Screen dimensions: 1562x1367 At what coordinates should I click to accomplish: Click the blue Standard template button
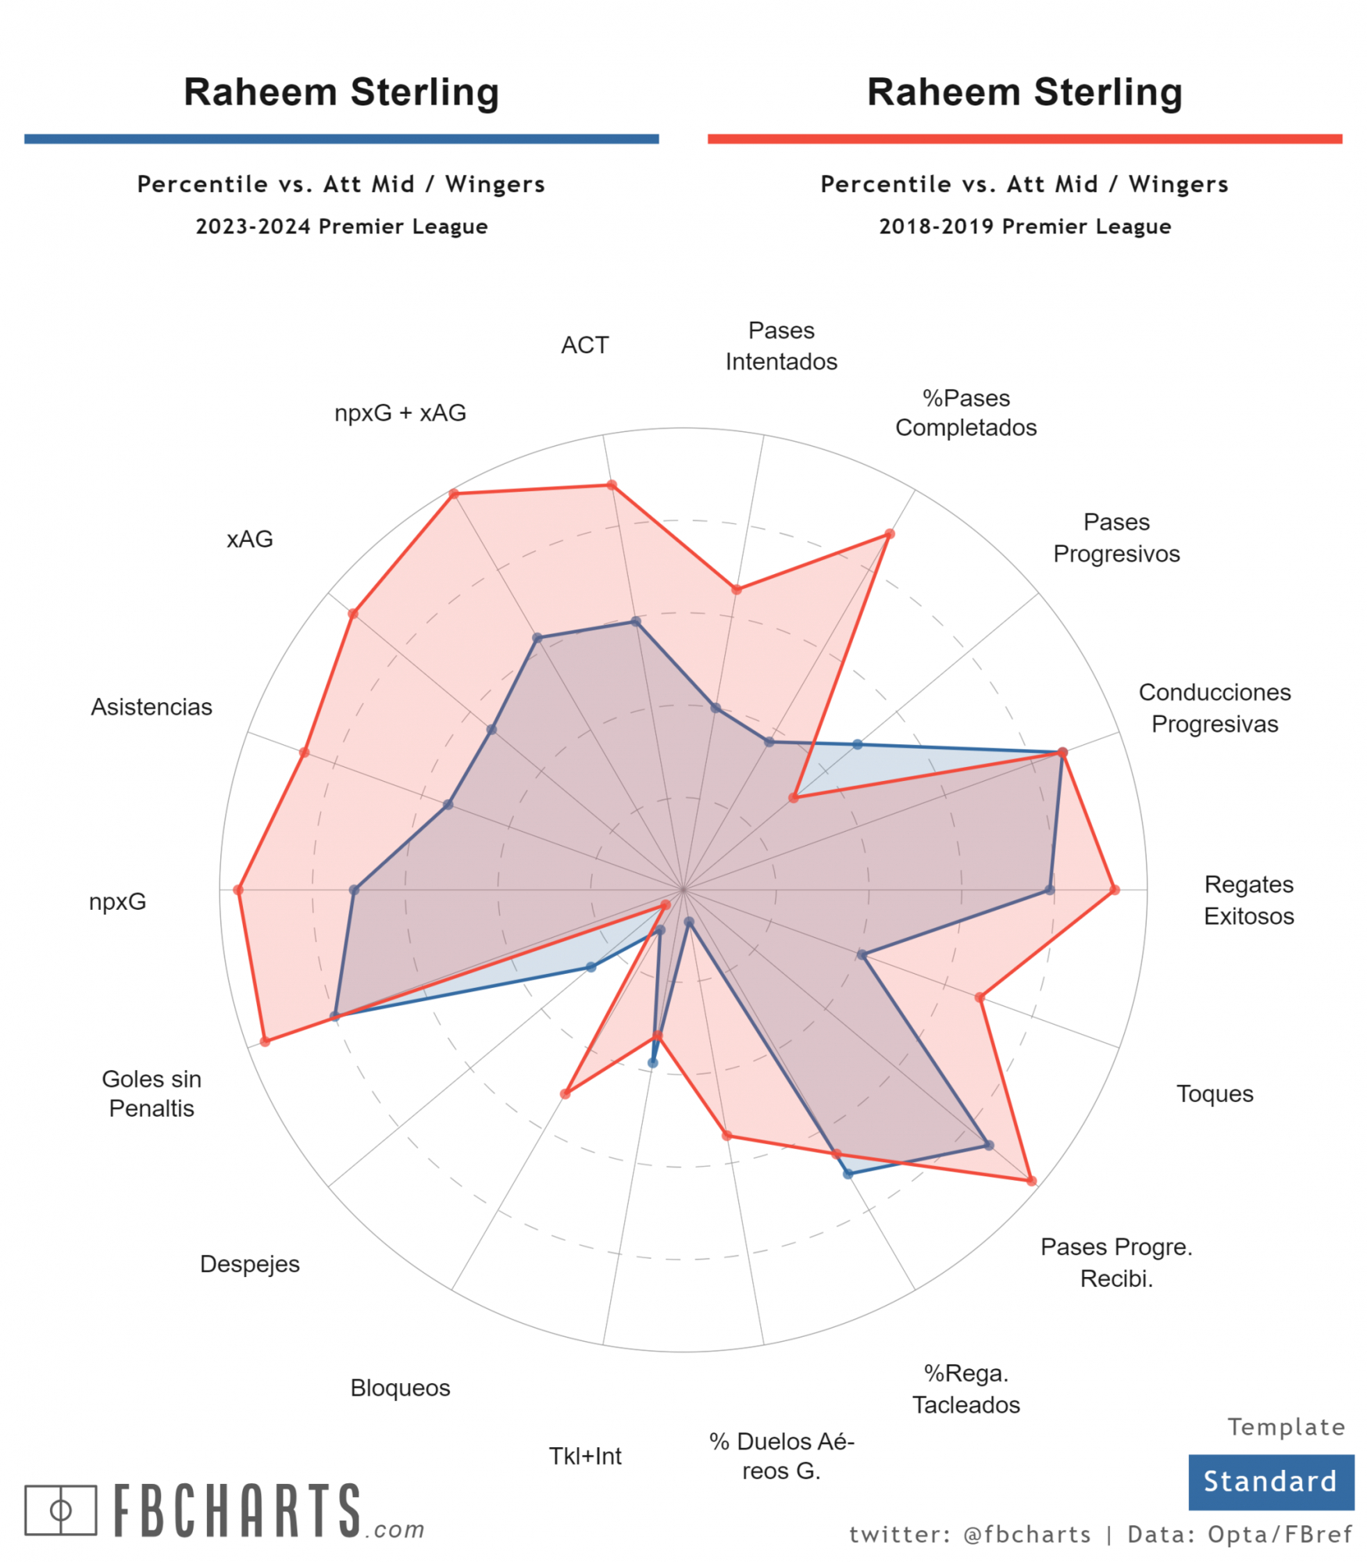click(x=1270, y=1482)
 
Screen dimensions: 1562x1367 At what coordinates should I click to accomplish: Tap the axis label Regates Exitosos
click(x=1248, y=900)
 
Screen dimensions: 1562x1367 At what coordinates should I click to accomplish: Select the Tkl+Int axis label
click(x=585, y=1456)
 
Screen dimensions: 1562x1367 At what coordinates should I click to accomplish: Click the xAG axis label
click(x=250, y=539)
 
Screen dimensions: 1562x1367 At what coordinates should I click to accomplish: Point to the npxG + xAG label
click(x=400, y=412)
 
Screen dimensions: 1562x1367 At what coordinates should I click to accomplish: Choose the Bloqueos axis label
click(x=400, y=1388)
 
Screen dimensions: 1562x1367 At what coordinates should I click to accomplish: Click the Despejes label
click(x=250, y=1264)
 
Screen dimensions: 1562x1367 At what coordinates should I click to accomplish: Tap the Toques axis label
click(x=1215, y=1093)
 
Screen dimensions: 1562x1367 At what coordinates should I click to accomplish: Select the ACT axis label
click(x=584, y=344)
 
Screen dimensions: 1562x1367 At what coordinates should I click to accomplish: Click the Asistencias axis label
click(x=152, y=707)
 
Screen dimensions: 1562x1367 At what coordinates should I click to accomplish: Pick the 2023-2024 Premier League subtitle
click(x=341, y=226)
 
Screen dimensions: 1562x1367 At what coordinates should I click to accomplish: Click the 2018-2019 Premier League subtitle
click(x=1025, y=226)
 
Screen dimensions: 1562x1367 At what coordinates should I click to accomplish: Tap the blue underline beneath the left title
click(x=341, y=139)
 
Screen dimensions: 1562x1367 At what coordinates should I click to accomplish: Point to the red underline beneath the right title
click(x=1025, y=139)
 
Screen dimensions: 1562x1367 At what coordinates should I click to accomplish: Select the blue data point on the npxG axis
click(x=354, y=890)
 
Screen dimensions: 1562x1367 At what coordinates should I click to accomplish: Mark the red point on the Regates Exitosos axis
click(x=1115, y=890)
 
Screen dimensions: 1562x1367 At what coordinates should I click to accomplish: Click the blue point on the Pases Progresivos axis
click(x=857, y=744)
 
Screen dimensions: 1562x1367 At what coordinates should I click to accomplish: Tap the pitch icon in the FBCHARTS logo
click(x=61, y=1510)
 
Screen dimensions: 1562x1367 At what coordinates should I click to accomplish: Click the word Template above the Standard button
click(x=1287, y=1428)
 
